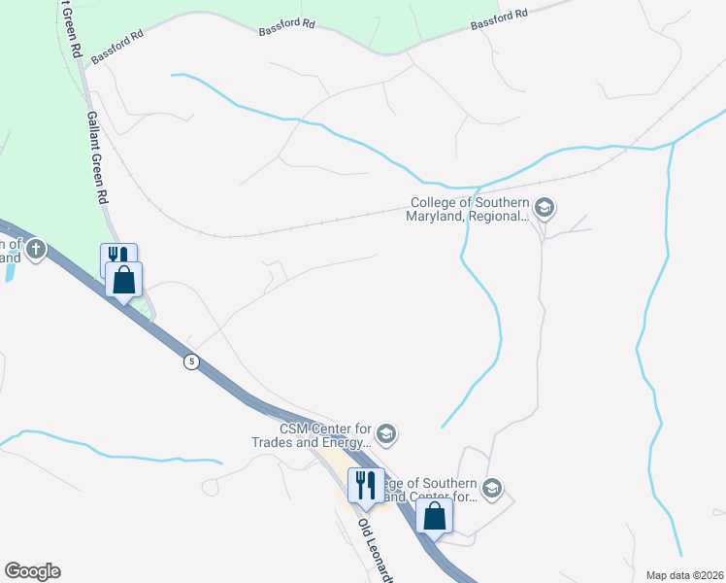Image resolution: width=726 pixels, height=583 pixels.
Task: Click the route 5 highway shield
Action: click(192, 361)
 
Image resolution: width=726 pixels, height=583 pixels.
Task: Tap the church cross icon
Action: click(36, 250)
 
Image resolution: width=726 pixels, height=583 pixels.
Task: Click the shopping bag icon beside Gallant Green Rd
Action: click(124, 280)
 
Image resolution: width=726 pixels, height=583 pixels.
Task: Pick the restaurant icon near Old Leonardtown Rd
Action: click(365, 483)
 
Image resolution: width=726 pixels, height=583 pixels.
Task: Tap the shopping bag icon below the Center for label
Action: click(435, 515)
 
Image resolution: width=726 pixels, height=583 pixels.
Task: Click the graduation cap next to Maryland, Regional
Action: click(544, 207)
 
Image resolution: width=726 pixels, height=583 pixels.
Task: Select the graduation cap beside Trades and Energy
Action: click(385, 434)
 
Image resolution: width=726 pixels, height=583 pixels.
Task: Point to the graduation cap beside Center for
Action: click(492, 489)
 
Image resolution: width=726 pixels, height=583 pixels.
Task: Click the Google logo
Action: click(32, 571)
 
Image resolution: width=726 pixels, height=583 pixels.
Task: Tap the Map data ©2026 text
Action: click(683, 574)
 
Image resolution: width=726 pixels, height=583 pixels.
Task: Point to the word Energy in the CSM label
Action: click(344, 443)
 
